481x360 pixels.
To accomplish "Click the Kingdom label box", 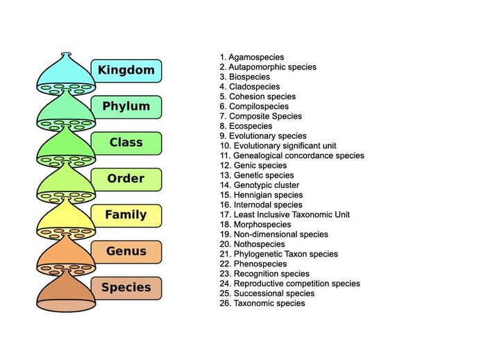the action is tap(126, 71).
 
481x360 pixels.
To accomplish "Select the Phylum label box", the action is tap(126, 107).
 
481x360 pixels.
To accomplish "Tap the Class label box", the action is tap(126, 143).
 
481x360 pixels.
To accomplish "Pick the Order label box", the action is tap(126, 180).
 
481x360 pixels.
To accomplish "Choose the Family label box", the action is tap(126, 216).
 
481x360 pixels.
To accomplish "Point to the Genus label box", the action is tap(126, 252).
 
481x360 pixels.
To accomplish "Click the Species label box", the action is tap(126, 288).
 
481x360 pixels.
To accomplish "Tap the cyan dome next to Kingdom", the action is tap(66, 74).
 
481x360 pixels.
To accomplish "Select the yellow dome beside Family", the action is tap(66, 219).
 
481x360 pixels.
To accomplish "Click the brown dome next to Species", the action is tap(66, 291).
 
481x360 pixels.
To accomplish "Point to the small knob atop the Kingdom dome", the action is tap(66, 55).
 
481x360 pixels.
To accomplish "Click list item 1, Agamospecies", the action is tap(252, 58).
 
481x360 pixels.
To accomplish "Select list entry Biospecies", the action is tap(245, 77).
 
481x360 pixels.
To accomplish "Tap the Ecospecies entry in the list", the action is tap(246, 126).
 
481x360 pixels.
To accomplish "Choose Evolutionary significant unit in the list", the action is tap(278, 146).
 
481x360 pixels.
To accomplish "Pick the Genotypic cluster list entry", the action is tap(260, 185).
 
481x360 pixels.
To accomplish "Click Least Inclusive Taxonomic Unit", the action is tap(285, 214).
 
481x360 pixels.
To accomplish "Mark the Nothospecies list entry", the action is tap(252, 244).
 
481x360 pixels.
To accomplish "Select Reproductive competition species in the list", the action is tap(290, 284).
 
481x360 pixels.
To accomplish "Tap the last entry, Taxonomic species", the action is tap(262, 303).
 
